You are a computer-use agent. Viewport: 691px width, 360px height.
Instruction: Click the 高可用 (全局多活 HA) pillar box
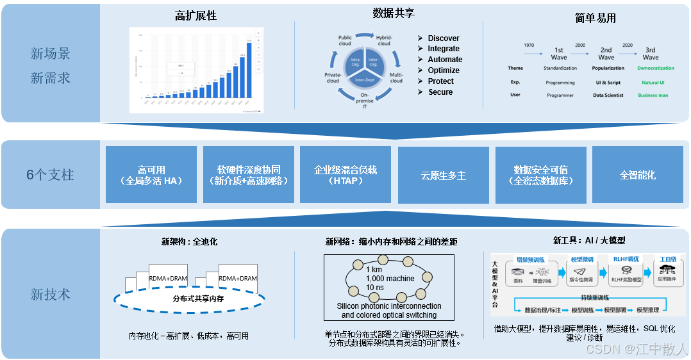pos(151,175)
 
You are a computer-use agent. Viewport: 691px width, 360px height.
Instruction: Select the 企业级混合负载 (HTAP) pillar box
pos(345,175)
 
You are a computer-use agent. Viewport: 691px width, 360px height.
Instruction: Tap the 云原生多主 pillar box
pos(443,175)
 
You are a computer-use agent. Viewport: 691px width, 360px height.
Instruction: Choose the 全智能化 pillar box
pos(637,175)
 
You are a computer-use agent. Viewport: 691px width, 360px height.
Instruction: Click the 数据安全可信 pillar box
pos(540,175)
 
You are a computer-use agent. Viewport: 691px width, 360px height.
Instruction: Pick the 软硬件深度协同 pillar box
pos(249,175)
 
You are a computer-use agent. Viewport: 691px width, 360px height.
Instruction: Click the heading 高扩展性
pos(196,16)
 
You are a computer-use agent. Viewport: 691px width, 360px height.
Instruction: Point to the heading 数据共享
pos(394,13)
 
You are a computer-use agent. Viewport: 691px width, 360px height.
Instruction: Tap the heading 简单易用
pos(595,19)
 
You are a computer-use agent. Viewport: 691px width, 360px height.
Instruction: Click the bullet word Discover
pos(444,38)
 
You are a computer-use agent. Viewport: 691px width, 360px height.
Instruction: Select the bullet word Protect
pos(440,81)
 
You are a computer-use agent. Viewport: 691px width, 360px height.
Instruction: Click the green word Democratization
pos(656,68)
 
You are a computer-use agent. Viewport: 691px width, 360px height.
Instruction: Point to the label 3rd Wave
pos(651,53)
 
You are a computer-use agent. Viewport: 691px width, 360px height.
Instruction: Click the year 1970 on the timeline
pos(529,45)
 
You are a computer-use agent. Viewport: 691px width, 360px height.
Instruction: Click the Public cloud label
pos(345,41)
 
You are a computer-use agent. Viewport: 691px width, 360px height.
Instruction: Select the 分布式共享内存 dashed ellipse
pos(189,299)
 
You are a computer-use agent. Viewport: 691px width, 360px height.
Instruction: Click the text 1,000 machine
pos(390,279)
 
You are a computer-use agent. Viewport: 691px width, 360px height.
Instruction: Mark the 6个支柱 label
pos(50,175)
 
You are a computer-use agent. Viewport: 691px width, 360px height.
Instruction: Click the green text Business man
pos(653,95)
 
